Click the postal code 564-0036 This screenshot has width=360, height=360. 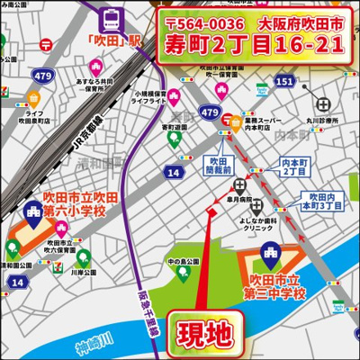point(206,22)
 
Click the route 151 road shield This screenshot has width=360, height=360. point(285,83)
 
